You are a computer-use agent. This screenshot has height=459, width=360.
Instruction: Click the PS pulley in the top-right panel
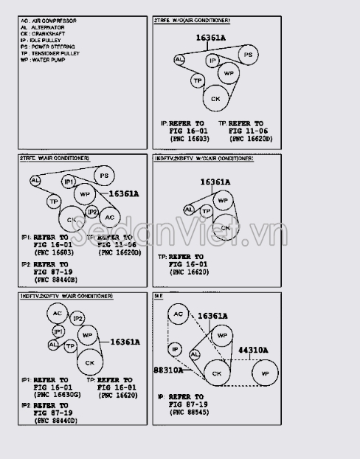tap(249, 55)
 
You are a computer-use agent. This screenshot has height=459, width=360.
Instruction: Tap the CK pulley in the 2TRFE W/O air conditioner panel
tap(215, 98)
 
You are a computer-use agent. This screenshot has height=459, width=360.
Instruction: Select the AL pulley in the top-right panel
tap(180, 59)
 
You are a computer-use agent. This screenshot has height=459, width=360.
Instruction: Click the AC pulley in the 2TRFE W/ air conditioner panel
tap(109, 218)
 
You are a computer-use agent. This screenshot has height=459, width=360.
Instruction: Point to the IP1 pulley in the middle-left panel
tap(69, 182)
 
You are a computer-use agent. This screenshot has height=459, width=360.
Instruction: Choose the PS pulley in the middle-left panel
tap(104, 176)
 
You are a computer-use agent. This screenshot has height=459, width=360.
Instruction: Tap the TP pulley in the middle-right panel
tap(207, 211)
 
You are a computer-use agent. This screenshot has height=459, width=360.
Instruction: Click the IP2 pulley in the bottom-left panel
tap(78, 318)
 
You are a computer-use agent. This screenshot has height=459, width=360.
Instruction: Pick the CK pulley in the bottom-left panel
tap(89, 362)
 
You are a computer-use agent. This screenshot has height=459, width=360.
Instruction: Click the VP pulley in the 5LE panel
tap(264, 373)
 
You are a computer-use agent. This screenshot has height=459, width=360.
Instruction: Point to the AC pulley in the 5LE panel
tap(178, 314)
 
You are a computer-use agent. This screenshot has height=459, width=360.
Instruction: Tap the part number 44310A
tap(252, 351)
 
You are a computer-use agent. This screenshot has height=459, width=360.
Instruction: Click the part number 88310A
tap(168, 370)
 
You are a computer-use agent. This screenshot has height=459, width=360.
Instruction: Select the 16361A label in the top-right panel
tap(211, 37)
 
